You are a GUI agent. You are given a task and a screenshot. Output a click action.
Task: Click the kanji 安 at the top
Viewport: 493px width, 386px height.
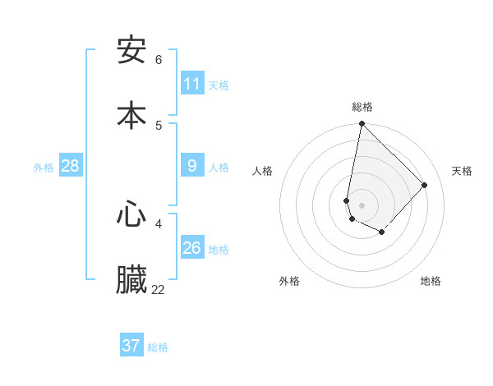(131, 51)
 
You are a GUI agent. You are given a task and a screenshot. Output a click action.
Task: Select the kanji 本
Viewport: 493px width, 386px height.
(131, 114)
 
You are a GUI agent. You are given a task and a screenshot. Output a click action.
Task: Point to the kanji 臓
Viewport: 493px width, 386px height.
(131, 280)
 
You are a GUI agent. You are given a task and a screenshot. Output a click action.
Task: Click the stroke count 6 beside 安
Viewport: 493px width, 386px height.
(159, 60)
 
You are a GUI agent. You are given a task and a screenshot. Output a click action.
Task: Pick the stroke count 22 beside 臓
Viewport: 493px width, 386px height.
(159, 290)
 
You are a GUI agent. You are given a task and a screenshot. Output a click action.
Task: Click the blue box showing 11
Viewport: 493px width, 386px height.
(192, 84)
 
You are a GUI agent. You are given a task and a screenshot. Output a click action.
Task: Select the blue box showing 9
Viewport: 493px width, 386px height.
(192, 166)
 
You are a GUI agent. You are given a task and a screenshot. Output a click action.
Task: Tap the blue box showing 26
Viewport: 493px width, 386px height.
(192, 248)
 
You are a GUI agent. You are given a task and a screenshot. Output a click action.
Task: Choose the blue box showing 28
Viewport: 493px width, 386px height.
(71, 166)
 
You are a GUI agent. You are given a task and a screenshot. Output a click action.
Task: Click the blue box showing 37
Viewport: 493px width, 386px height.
(131, 346)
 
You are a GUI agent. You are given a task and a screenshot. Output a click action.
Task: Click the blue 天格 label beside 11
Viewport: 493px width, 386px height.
(219, 85)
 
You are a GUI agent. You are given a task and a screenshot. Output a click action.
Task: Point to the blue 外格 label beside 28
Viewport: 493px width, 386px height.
(44, 167)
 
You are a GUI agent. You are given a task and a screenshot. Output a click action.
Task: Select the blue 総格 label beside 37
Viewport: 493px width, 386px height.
(158, 347)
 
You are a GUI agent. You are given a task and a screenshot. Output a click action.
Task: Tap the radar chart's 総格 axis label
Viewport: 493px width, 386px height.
(362, 107)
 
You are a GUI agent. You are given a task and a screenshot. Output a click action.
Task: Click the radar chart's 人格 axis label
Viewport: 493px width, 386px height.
(263, 171)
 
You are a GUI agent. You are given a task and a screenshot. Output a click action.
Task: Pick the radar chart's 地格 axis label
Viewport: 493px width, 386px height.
(431, 281)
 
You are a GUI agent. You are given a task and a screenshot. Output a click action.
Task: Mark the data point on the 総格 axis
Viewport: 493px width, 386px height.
(362, 124)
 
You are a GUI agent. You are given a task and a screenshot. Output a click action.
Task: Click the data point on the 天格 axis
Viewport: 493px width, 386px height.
(425, 185)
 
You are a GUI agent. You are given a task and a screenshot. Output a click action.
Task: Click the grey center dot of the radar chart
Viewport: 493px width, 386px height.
(362, 204)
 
